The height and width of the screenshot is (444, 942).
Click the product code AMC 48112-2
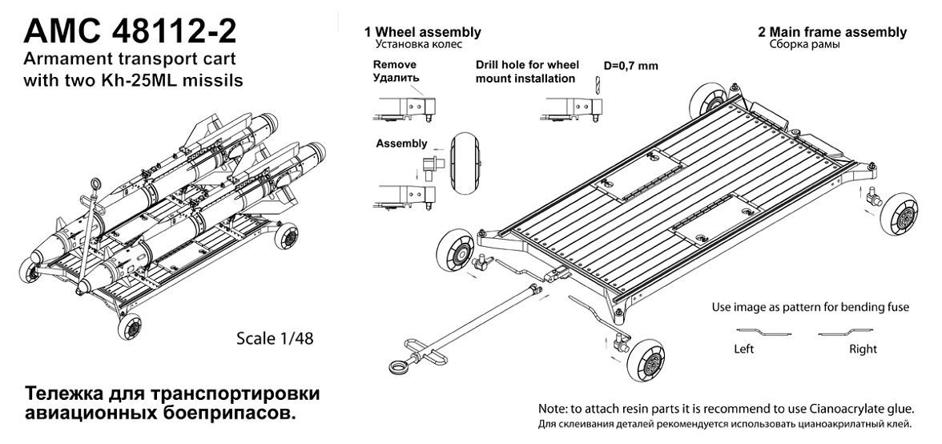(x=131, y=32)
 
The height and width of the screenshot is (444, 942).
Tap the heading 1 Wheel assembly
(x=422, y=32)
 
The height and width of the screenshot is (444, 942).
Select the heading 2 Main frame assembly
(x=832, y=32)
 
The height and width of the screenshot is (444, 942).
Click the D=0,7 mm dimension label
(x=630, y=66)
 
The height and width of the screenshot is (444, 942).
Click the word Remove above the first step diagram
(x=395, y=66)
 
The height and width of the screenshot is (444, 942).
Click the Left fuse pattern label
(x=744, y=349)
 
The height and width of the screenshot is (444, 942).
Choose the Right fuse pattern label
(x=863, y=349)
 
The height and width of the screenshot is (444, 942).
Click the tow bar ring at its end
(x=397, y=367)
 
